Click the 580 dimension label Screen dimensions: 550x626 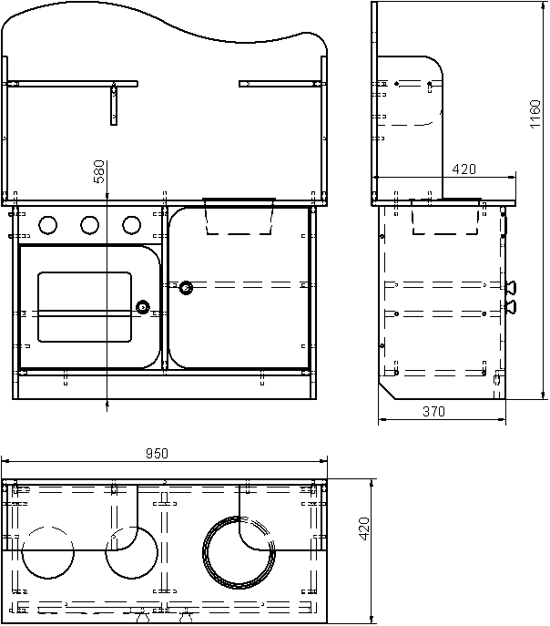tap(98, 171)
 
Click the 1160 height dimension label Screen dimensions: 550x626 tap(535, 114)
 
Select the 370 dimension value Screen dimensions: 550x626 tap(433, 411)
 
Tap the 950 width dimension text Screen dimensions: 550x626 tap(158, 454)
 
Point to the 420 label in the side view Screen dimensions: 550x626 tap(463, 169)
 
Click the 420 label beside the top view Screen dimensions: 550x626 tap(364, 529)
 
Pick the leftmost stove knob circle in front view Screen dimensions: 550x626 tap(48, 225)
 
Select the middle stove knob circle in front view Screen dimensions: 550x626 tap(90, 225)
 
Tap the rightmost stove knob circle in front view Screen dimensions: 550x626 tap(132, 225)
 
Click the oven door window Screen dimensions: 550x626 tap(85, 307)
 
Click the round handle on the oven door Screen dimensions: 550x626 tap(142, 307)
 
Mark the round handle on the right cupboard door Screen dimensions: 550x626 tap(186, 287)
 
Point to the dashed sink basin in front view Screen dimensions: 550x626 tap(239, 217)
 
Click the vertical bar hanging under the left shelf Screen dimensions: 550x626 tap(114, 105)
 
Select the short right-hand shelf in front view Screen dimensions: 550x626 tap(282, 84)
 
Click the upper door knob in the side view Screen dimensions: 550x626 tap(511, 287)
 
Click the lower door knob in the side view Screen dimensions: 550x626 tap(511, 307)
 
